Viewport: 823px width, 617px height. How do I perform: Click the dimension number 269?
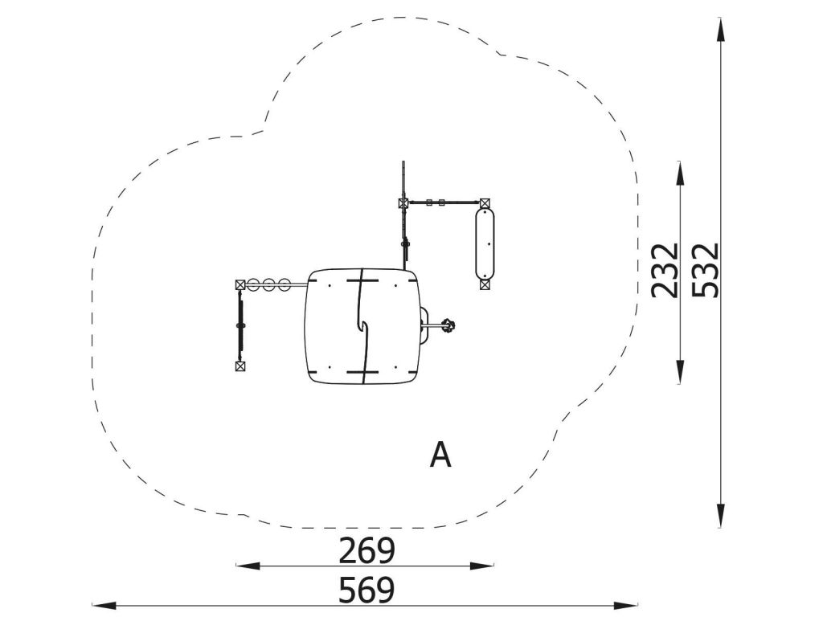[x=366, y=550]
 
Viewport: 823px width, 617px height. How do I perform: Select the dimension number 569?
[x=366, y=590]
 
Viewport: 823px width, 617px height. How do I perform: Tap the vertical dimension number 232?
[x=665, y=270]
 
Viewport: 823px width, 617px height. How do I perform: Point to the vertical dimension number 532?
[x=704, y=270]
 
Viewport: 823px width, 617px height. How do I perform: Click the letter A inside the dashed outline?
[x=440, y=455]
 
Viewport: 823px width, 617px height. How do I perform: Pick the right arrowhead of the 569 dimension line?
[x=626, y=605]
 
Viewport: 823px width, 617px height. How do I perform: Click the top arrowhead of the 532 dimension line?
[x=721, y=29]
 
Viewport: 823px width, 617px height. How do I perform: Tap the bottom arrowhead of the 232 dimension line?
[x=681, y=371]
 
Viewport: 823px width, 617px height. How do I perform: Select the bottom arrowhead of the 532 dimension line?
[x=721, y=515]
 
